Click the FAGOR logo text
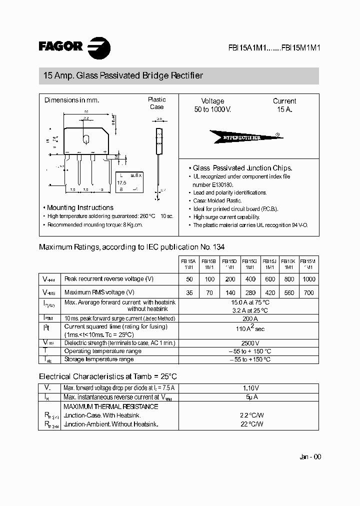tap(60, 46)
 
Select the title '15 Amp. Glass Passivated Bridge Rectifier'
tap(123, 76)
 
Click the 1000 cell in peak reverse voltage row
tap(309, 279)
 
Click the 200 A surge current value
tap(250, 318)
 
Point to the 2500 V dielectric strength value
tap(250, 343)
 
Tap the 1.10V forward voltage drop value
tap(250, 388)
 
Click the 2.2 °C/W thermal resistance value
tap(251, 415)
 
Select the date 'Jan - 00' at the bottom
tap(310, 457)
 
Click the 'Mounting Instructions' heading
tap(80, 207)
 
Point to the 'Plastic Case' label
tap(156, 103)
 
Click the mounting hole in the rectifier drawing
tap(86, 138)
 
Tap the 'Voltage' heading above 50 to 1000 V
tap(212, 101)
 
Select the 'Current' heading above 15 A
tap(284, 101)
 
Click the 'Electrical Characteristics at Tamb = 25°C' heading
tap(108, 376)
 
